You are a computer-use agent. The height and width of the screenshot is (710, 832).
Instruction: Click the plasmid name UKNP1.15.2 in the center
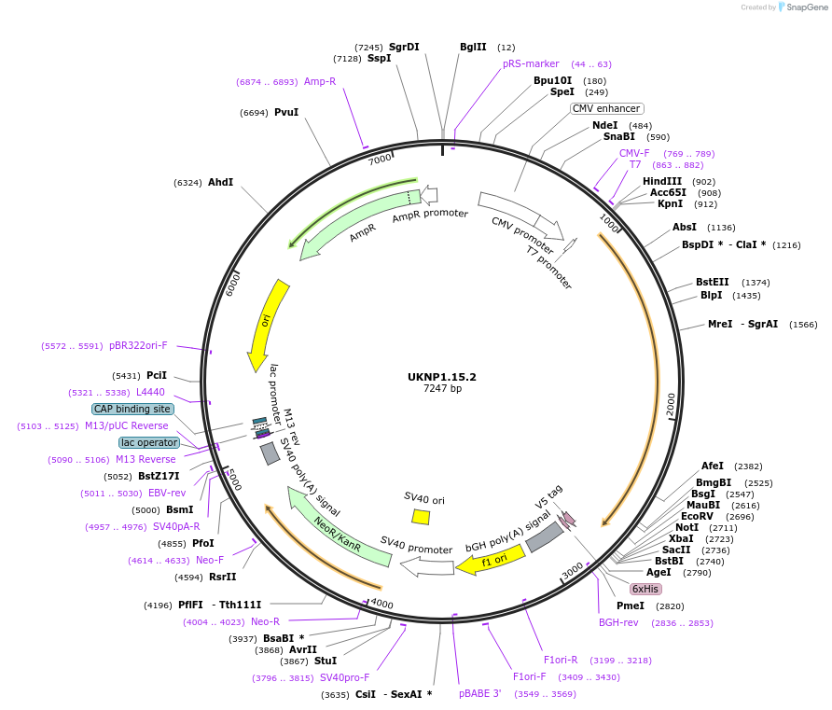pyautogui.click(x=442, y=377)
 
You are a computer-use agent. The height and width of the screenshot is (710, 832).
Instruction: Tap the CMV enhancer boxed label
pyautogui.click(x=606, y=108)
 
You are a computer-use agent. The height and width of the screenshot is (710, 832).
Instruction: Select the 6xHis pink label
pyautogui.click(x=645, y=589)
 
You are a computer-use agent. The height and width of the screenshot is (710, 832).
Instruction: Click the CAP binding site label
pyautogui.click(x=132, y=409)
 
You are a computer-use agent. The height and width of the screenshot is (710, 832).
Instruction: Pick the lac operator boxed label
pyautogui.click(x=148, y=442)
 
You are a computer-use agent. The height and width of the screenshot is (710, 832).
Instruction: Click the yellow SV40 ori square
pyautogui.click(x=421, y=516)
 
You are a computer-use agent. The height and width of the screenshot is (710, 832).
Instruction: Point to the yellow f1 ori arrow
pyautogui.click(x=489, y=561)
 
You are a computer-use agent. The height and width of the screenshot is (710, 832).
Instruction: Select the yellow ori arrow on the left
pyautogui.click(x=265, y=322)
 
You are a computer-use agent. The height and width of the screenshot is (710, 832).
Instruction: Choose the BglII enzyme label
pyautogui.click(x=473, y=47)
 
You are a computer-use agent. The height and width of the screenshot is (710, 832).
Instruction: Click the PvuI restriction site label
pyautogui.click(x=286, y=112)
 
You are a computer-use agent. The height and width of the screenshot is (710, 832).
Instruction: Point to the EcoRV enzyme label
pyautogui.click(x=697, y=516)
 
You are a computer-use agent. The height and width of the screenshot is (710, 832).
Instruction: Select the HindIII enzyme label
pyautogui.click(x=662, y=181)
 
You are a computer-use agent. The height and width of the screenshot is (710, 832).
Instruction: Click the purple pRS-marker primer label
pyautogui.click(x=531, y=63)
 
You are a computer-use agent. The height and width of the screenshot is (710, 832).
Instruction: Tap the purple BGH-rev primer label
pyautogui.click(x=618, y=622)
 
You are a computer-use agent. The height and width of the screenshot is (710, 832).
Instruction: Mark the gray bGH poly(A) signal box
pyautogui.click(x=544, y=536)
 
